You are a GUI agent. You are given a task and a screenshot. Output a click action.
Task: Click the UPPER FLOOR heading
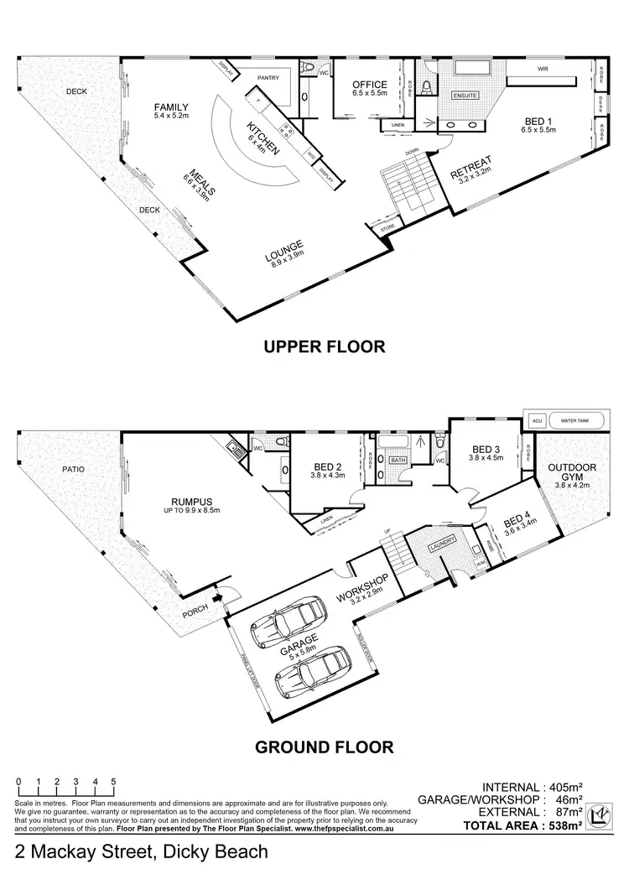coord(325,346)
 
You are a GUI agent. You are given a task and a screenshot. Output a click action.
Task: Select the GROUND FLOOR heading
coord(324,745)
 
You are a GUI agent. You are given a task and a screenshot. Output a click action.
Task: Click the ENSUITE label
coord(464,96)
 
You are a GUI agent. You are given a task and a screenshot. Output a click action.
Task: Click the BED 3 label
coord(487,450)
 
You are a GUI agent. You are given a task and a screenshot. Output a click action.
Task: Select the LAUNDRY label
coord(441,544)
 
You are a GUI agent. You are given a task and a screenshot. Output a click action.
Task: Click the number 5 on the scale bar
coord(113,782)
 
